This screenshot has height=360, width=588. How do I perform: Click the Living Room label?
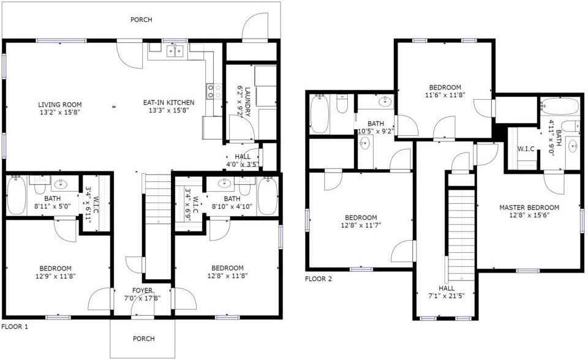click(60, 105)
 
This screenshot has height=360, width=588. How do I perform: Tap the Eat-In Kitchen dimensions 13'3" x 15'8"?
click(168, 110)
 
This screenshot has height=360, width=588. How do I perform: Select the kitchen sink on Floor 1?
click(175, 50)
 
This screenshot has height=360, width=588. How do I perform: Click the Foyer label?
click(143, 290)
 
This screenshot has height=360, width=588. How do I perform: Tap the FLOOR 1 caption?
click(15, 326)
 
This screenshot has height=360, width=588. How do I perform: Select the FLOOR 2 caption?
click(318, 279)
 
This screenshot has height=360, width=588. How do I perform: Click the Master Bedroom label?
click(529, 208)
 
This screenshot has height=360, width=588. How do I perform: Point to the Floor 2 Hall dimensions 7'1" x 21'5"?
click(447, 296)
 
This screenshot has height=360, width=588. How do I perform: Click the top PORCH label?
click(141, 20)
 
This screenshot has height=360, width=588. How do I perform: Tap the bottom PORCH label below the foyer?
click(143, 339)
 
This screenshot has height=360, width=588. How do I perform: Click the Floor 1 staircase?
click(157, 199)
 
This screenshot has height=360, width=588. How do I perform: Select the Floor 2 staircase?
click(462, 235)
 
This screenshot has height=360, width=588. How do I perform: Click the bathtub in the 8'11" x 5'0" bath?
click(16, 195)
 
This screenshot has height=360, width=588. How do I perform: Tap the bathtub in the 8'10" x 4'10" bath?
click(268, 195)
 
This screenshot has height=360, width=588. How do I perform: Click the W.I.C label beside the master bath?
click(526, 149)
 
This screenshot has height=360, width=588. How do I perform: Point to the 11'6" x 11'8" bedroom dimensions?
click(445, 96)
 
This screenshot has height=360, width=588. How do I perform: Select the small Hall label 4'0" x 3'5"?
click(243, 156)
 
